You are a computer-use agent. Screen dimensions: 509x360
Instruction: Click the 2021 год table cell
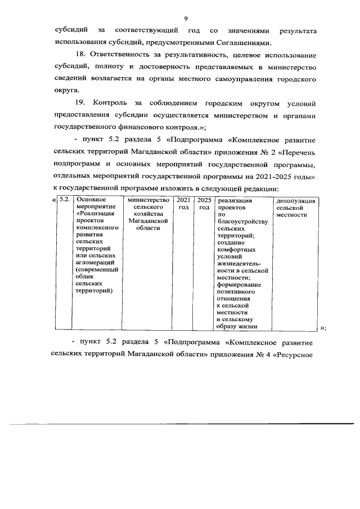pyautogui.click(x=183, y=204)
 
